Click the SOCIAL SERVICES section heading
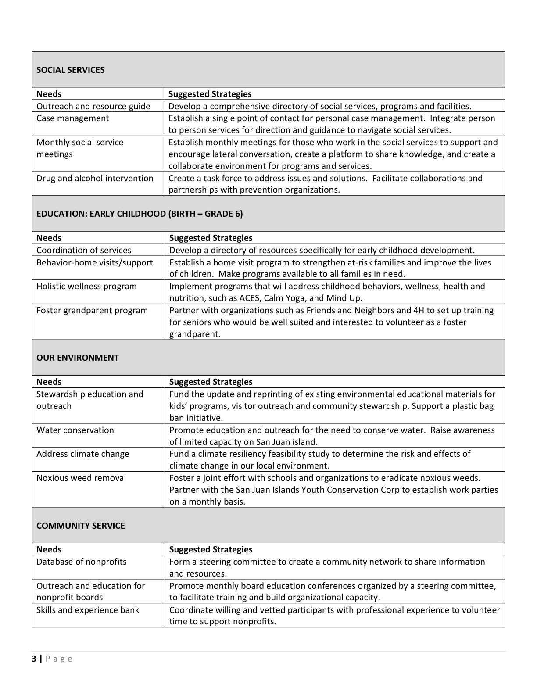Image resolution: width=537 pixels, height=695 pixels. tap(71, 70)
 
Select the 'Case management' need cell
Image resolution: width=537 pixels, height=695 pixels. tap(73, 118)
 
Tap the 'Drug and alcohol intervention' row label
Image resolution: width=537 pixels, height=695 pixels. tap(95, 179)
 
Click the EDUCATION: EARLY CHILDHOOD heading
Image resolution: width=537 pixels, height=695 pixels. tap(140, 214)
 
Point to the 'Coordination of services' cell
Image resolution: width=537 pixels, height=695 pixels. tap(84, 251)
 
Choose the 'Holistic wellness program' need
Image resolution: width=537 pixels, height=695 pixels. tap(86, 287)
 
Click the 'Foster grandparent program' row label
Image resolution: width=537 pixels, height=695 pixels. tap(92, 311)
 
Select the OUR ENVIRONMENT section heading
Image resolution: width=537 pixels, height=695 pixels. tap(78, 358)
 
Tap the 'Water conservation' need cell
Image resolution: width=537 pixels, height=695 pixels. tap(75, 430)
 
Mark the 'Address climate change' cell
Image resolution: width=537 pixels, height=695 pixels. tap(83, 454)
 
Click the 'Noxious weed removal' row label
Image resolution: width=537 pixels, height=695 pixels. tap(81, 478)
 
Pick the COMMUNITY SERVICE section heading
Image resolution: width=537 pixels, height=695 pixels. tap(81, 526)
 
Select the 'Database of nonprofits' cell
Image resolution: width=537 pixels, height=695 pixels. tap(82, 562)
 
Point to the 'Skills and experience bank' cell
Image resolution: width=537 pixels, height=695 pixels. tap(88, 610)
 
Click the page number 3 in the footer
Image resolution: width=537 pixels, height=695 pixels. tap(34, 659)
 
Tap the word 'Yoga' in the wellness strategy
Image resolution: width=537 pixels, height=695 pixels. tap(309, 298)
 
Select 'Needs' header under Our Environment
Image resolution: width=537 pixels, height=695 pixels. tap(49, 382)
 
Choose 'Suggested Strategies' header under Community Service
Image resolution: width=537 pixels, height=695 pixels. tap(211, 550)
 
